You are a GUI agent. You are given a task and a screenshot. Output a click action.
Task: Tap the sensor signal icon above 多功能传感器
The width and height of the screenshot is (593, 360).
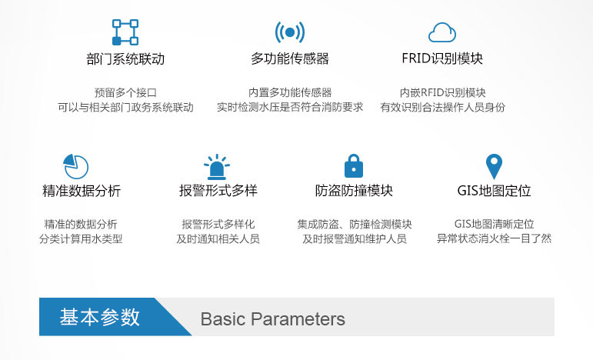[290, 32]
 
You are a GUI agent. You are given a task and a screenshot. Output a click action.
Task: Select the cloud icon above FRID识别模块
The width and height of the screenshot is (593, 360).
[442, 32]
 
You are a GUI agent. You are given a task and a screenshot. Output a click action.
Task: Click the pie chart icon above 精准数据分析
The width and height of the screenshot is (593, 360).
[75, 166]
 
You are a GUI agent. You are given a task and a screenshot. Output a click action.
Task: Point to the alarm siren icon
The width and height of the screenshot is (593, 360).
[217, 167]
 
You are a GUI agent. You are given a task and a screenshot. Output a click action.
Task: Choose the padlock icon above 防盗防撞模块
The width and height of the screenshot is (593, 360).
[354, 165]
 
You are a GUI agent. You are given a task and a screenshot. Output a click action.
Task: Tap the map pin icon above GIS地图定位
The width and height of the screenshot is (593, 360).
[494, 166]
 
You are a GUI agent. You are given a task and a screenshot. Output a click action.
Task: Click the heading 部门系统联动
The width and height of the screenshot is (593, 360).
[125, 59]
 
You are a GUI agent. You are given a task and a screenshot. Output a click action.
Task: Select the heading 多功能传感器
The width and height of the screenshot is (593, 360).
[290, 58]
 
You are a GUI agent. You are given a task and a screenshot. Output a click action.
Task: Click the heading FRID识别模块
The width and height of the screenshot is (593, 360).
[442, 58]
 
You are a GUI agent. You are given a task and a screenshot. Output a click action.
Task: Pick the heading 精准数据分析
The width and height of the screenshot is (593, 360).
[82, 191]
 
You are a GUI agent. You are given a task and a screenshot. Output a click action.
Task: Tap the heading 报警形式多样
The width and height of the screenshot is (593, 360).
[218, 190]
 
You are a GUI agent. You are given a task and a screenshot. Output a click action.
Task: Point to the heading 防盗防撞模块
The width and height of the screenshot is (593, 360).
[354, 190]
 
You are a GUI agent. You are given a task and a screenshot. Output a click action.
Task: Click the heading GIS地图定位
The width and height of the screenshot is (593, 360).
[494, 190]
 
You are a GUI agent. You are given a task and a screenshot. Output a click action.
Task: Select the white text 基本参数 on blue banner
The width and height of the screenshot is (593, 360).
[99, 317]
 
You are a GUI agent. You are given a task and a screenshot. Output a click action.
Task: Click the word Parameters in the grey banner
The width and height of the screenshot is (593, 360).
[298, 319]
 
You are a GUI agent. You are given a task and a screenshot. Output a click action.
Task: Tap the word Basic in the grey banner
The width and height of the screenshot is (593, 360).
[223, 319]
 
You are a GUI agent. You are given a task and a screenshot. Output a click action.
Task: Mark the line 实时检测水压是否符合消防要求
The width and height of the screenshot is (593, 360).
[290, 107]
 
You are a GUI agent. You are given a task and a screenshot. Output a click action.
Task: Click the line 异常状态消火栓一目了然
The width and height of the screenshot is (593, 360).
[494, 238]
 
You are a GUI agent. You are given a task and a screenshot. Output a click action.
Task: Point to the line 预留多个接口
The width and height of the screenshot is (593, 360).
[125, 92]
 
